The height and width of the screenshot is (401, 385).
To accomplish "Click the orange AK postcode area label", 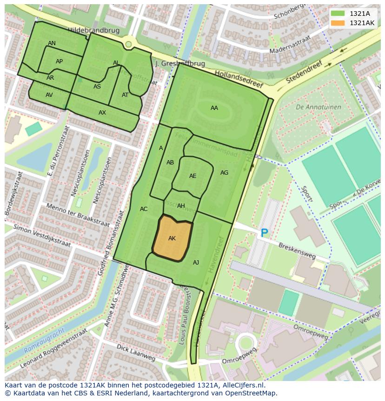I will tap(172, 238).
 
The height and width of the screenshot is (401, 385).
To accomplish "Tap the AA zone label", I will tap(214, 108).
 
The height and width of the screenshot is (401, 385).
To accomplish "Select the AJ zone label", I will tap(196, 263).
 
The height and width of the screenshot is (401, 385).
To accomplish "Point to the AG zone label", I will tap(224, 173).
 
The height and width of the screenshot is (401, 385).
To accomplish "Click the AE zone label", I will tap(192, 176).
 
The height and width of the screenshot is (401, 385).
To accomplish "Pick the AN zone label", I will tap(52, 43).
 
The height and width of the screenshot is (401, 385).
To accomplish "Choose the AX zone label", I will tap(102, 113).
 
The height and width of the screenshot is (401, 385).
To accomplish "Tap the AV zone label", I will tap(49, 95).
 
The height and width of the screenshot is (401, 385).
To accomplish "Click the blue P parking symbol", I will tap(264, 233).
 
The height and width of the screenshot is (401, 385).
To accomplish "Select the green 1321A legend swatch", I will tap(338, 14).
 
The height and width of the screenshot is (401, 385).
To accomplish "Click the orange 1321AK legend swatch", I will tap(338, 23).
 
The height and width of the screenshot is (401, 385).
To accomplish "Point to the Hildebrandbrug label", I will tap(93, 30).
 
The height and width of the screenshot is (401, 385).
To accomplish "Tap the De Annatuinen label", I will tap(318, 107).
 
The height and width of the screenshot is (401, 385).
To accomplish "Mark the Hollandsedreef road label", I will tap(239, 79).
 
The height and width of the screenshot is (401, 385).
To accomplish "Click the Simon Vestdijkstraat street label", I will tap(42, 235).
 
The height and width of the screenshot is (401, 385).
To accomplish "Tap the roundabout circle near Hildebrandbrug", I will tap(128, 44).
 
